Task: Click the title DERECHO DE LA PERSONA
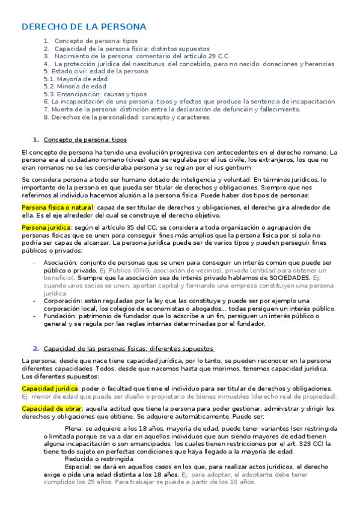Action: pyautogui.click(x=84, y=27)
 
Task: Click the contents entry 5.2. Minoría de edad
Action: pyautogui.click(x=70, y=87)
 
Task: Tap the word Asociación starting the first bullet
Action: pyautogui.click(x=59, y=263)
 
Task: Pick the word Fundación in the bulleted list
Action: pyautogui.click(x=59, y=315)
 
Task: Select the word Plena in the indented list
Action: pyautogui.click(x=73, y=429)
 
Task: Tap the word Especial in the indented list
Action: pyautogui.click(x=78, y=467)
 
